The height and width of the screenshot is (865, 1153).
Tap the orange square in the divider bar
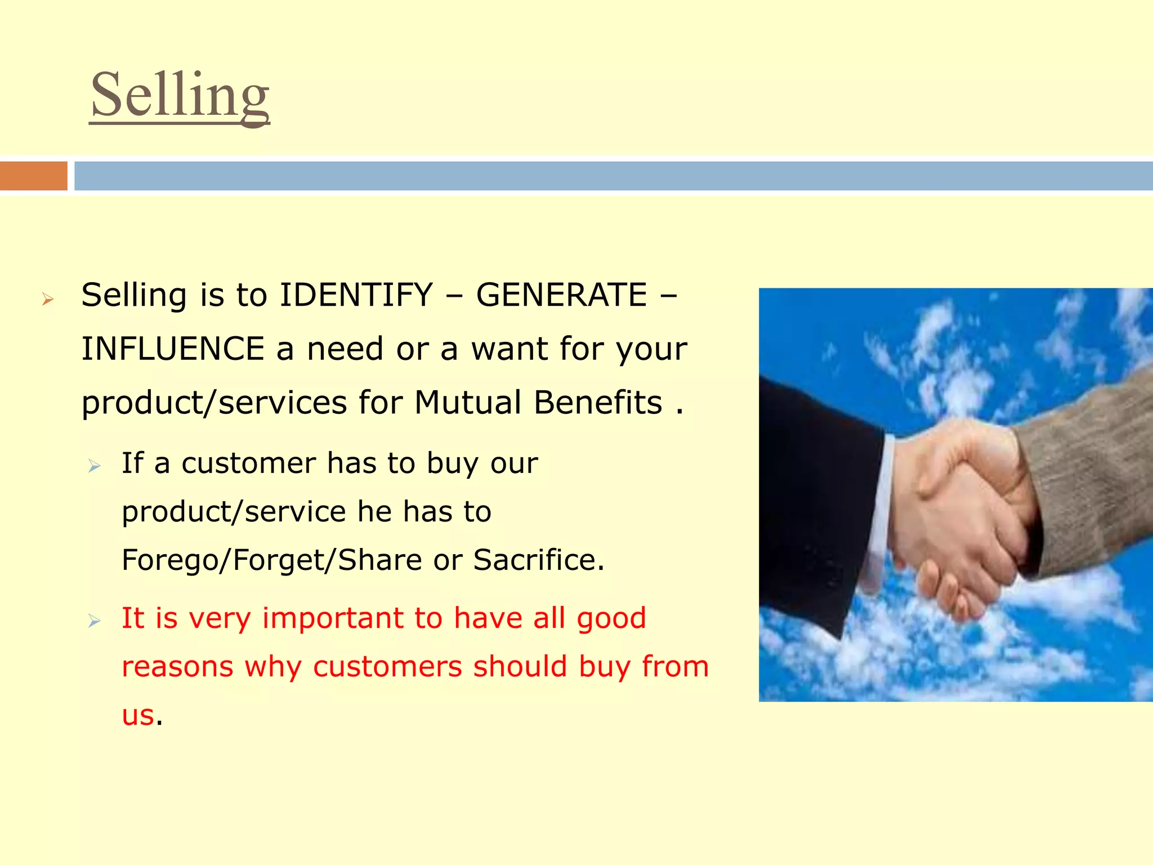coord(33,176)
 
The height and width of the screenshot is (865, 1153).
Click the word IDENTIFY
coord(356,295)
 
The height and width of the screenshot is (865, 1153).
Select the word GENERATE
coord(561,295)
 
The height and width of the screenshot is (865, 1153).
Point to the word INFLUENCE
coord(173,349)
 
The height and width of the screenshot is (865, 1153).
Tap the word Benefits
coord(598,403)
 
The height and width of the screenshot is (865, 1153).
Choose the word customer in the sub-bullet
coord(248,463)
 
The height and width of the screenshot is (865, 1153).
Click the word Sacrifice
coord(538,560)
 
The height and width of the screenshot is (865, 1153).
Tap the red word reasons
coord(177,667)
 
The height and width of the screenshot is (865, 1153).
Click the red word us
coord(138,715)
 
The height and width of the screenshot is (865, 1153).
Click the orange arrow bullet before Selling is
coord(47,299)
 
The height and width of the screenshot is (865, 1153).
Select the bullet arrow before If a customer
coord(94,466)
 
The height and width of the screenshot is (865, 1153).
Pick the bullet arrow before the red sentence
coord(94,621)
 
